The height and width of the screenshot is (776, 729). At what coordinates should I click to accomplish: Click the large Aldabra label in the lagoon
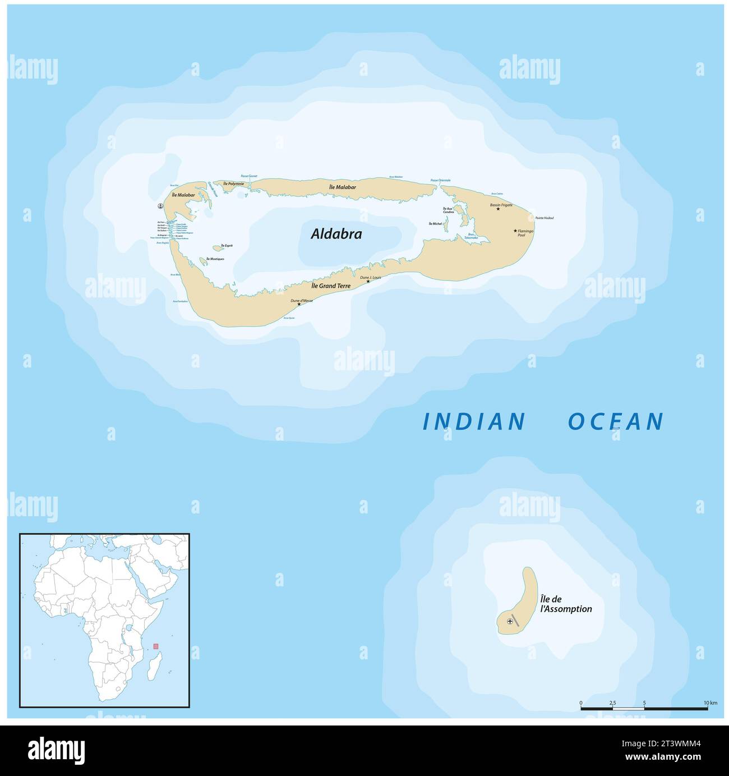(336, 234)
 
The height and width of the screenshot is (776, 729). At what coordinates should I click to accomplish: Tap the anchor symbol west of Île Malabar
(161, 206)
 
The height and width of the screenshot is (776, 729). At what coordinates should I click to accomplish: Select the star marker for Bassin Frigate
(498, 209)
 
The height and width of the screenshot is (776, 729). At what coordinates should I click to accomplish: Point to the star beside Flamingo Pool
(515, 231)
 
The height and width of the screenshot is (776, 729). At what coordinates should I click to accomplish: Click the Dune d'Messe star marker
(299, 305)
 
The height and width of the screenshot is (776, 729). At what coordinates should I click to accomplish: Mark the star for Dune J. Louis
(368, 281)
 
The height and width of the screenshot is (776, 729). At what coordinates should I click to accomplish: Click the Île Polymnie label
(233, 183)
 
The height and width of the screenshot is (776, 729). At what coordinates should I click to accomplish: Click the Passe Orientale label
(440, 180)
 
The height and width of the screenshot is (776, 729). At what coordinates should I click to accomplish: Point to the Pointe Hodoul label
(544, 218)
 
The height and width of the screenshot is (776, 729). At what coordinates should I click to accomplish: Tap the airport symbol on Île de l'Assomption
(510, 621)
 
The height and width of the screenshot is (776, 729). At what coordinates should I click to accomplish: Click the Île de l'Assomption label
(565, 604)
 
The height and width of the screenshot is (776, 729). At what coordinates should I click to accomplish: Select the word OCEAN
(616, 421)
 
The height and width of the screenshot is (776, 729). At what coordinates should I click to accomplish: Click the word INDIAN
(474, 421)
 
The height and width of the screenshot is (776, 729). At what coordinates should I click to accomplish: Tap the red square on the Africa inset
(156, 646)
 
